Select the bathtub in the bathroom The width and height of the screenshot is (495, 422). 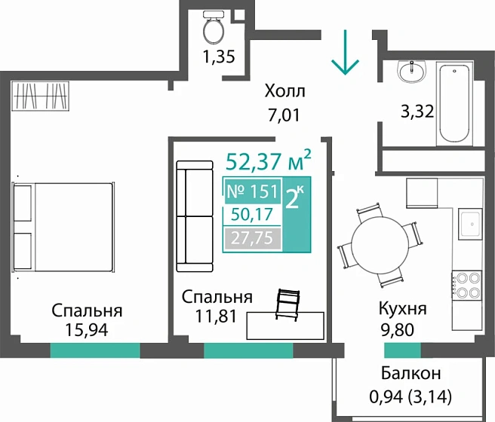(x=455, y=102)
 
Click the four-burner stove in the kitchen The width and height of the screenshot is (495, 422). (x=466, y=286)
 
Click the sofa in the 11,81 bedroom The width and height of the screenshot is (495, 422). (x=196, y=216)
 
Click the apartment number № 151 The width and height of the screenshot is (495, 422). (x=253, y=191)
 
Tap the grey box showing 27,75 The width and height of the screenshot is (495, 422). (x=253, y=239)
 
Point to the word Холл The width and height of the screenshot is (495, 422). (x=284, y=93)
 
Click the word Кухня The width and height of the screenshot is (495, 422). (x=403, y=309)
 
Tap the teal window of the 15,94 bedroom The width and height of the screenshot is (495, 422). (x=95, y=350)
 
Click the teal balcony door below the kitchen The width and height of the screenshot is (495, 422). (x=403, y=350)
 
